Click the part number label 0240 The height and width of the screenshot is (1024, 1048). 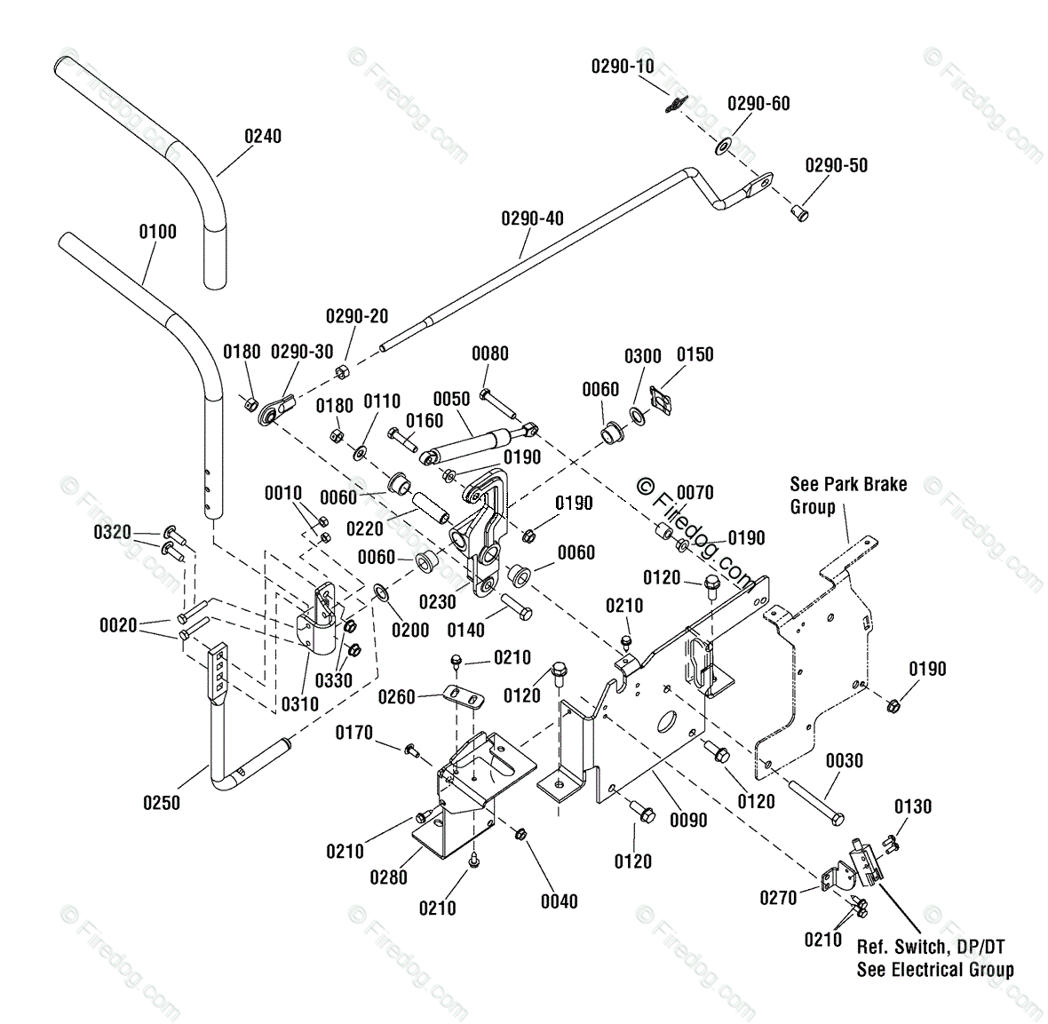[x=263, y=137]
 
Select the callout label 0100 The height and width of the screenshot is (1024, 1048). [x=158, y=232]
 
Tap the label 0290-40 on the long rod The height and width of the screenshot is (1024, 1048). [x=533, y=218]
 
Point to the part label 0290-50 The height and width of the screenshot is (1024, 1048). [x=836, y=166]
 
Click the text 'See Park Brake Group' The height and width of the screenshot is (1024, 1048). [x=848, y=496]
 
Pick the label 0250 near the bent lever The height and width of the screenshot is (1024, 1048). [x=162, y=803]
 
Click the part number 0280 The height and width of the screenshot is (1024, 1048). [x=388, y=877]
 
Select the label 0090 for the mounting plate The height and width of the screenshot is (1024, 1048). [x=688, y=820]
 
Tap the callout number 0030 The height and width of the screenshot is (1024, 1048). [x=844, y=760]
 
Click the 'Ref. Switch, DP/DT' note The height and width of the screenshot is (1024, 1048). [x=931, y=947]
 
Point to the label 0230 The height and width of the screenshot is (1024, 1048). [x=438, y=602]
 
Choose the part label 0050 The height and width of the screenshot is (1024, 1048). [x=452, y=399]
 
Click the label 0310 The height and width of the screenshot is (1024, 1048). [x=300, y=703]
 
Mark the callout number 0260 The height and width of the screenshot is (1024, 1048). [x=397, y=697]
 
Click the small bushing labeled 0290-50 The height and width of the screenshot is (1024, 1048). [x=799, y=213]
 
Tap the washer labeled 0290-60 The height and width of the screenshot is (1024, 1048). [x=723, y=146]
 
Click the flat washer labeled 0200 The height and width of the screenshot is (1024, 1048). [x=382, y=591]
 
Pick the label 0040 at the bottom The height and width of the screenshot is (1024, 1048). [x=560, y=901]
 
